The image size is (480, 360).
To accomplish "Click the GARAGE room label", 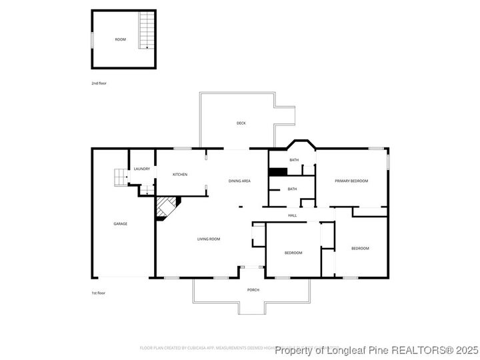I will click(x=120, y=223).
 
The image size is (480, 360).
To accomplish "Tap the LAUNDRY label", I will click(x=141, y=169).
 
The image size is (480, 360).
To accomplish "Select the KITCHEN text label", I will click(x=180, y=175).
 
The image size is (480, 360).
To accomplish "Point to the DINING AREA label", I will click(x=239, y=181).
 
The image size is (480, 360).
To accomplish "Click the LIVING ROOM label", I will click(x=209, y=239).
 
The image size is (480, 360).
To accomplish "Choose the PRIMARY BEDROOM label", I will click(x=351, y=181).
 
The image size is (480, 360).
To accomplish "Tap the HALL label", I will click(x=292, y=215).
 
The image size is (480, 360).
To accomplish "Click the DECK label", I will click(x=241, y=123).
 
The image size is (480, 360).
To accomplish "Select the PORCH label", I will click(x=253, y=289).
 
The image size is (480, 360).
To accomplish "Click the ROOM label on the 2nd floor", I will click(x=120, y=39).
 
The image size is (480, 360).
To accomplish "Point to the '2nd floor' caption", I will click(x=99, y=83).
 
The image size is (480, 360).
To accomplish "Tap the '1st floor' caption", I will click(x=99, y=293).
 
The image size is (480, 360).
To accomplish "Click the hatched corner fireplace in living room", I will click(x=167, y=207).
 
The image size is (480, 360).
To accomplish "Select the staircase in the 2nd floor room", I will click(x=147, y=32).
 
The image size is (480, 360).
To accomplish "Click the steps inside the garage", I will click(x=119, y=177).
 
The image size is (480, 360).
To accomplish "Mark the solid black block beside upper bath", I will click(x=277, y=171).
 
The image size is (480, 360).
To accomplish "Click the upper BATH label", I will click(x=293, y=160).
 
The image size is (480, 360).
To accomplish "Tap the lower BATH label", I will click(x=292, y=189).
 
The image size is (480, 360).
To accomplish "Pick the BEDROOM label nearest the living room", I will click(x=293, y=253).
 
